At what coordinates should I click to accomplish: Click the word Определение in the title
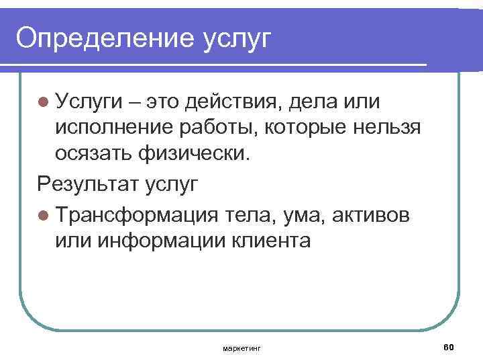pos(101,38)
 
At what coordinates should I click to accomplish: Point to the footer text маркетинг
pos(241,348)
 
